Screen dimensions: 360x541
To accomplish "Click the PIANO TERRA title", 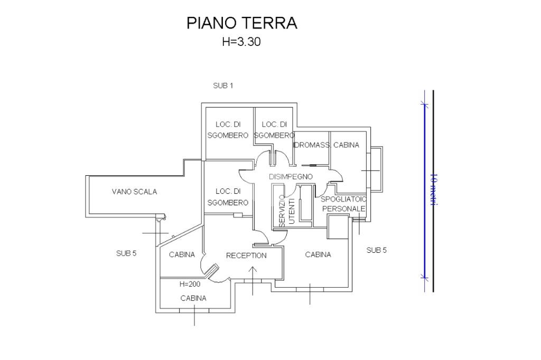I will pos(242,23).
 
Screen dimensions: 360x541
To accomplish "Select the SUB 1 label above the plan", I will pos(223,86).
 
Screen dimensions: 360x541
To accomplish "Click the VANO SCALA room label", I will pos(134,192).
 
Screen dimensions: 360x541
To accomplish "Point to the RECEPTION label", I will pos(246,255).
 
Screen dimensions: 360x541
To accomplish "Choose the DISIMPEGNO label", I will pos(291,176).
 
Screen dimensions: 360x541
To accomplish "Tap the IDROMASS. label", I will pos(312,145).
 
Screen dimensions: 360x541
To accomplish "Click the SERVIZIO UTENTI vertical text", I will pos(286,211).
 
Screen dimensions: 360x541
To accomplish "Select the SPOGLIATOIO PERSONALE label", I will pos(343,204).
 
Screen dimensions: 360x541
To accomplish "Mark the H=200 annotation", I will pos(190,284).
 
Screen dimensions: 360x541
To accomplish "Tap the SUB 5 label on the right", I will pos(376,250).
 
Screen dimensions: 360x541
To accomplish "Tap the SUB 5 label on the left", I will pos(126,253).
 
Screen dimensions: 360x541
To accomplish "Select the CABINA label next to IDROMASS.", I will pos(346,145).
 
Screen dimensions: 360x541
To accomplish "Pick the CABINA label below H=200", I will pos(193,298).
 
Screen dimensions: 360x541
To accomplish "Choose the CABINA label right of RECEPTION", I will pos(318,254).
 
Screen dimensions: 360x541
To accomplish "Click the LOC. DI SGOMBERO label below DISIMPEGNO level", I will pos(228,197).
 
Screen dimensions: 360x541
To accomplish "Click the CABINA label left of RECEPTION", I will pos(182,254).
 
